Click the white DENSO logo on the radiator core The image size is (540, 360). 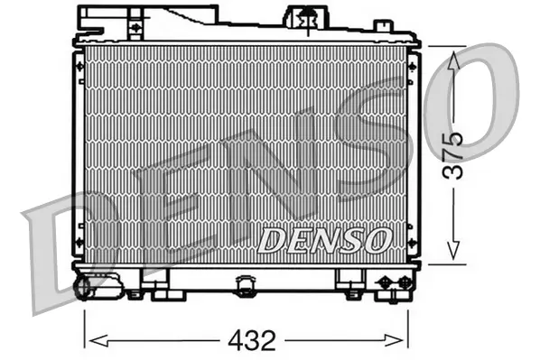click(324, 240)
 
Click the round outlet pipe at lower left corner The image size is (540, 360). click(83, 288)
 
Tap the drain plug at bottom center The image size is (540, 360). click(244, 286)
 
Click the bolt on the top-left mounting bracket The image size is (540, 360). click(135, 27)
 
